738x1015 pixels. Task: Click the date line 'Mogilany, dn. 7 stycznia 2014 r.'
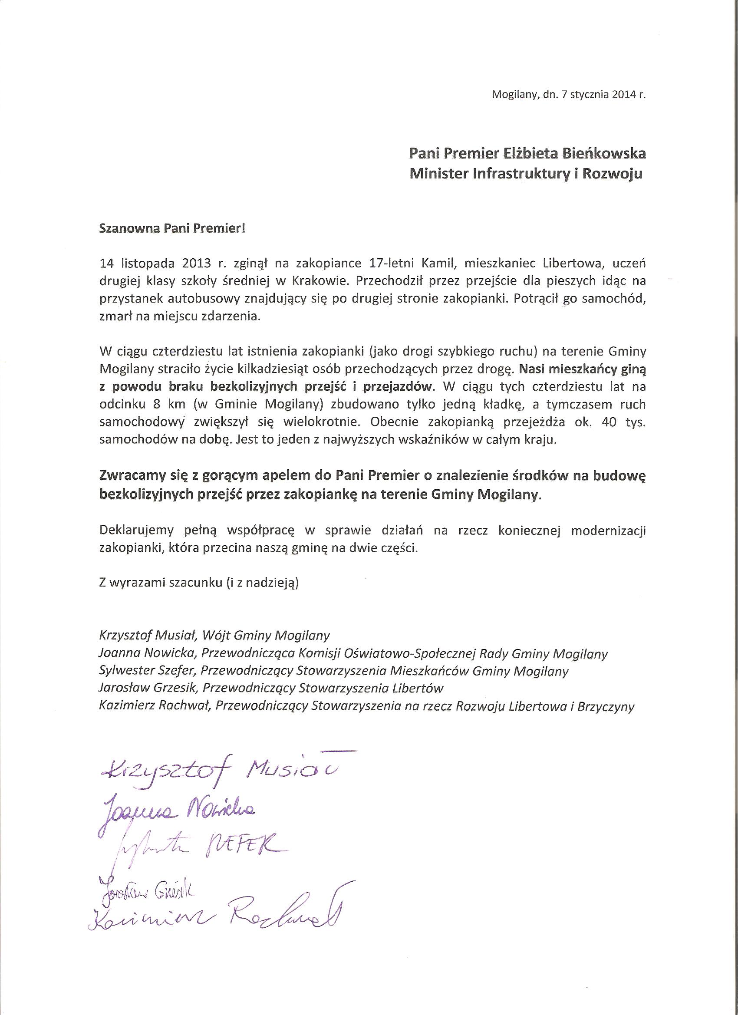click(x=569, y=108)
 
